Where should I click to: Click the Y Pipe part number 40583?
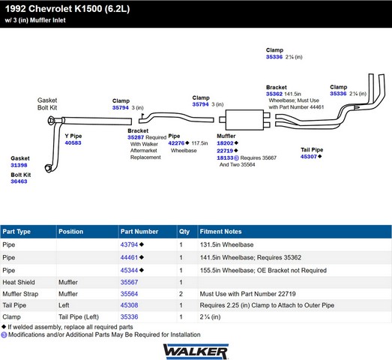(73, 142)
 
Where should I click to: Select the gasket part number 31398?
(19, 165)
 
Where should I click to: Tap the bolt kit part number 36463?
(19, 181)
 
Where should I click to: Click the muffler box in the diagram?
(244, 120)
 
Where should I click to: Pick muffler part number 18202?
(225, 143)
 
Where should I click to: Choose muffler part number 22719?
(225, 151)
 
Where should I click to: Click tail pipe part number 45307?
(309, 157)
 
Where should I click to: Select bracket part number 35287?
(136, 137)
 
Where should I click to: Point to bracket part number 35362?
(274, 94)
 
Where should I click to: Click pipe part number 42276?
(176, 143)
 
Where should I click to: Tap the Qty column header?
(184, 232)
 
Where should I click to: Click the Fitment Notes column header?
(221, 232)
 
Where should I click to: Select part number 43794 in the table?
(129, 244)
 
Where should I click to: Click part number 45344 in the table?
(129, 271)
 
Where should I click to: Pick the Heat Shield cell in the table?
(19, 282)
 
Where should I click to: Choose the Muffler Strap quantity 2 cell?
(181, 294)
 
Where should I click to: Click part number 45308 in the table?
(129, 305)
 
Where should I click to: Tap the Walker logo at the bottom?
(196, 352)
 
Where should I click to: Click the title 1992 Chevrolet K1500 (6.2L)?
(67, 9)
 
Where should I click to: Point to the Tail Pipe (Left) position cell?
(79, 317)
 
